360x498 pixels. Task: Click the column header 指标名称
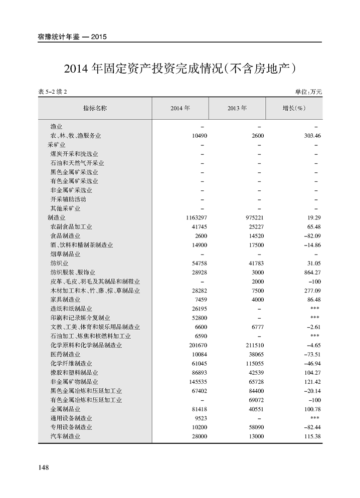[x=95, y=108]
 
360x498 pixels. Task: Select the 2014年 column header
[x=180, y=108]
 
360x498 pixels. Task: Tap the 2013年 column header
[x=237, y=108]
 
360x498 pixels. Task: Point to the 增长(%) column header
[x=294, y=108]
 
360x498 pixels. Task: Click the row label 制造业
[x=57, y=218]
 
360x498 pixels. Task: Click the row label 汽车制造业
[x=65, y=436]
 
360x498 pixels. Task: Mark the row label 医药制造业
[x=65, y=354]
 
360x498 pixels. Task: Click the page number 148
[x=43, y=467]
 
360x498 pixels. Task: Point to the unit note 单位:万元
[x=308, y=92]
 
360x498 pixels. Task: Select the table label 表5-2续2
[x=52, y=92]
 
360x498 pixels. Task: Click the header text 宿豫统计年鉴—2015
[x=73, y=37]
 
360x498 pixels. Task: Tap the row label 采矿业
[x=57, y=145]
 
